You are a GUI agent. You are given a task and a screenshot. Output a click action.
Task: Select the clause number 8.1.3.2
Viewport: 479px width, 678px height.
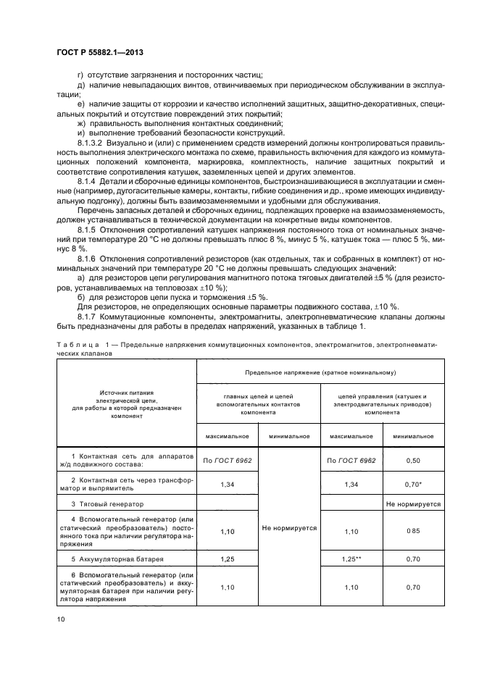[91, 144]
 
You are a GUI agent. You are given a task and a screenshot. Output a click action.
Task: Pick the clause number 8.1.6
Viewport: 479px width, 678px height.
[86, 258]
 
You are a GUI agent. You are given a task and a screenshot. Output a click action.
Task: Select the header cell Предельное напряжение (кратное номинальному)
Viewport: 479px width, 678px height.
[320, 373]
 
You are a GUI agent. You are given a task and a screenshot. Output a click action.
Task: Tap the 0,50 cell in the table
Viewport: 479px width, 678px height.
[413, 460]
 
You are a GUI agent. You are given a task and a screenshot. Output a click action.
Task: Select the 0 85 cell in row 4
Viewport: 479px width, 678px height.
[413, 530]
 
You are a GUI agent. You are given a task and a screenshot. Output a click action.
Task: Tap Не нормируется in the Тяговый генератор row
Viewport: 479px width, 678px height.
[413, 503]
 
